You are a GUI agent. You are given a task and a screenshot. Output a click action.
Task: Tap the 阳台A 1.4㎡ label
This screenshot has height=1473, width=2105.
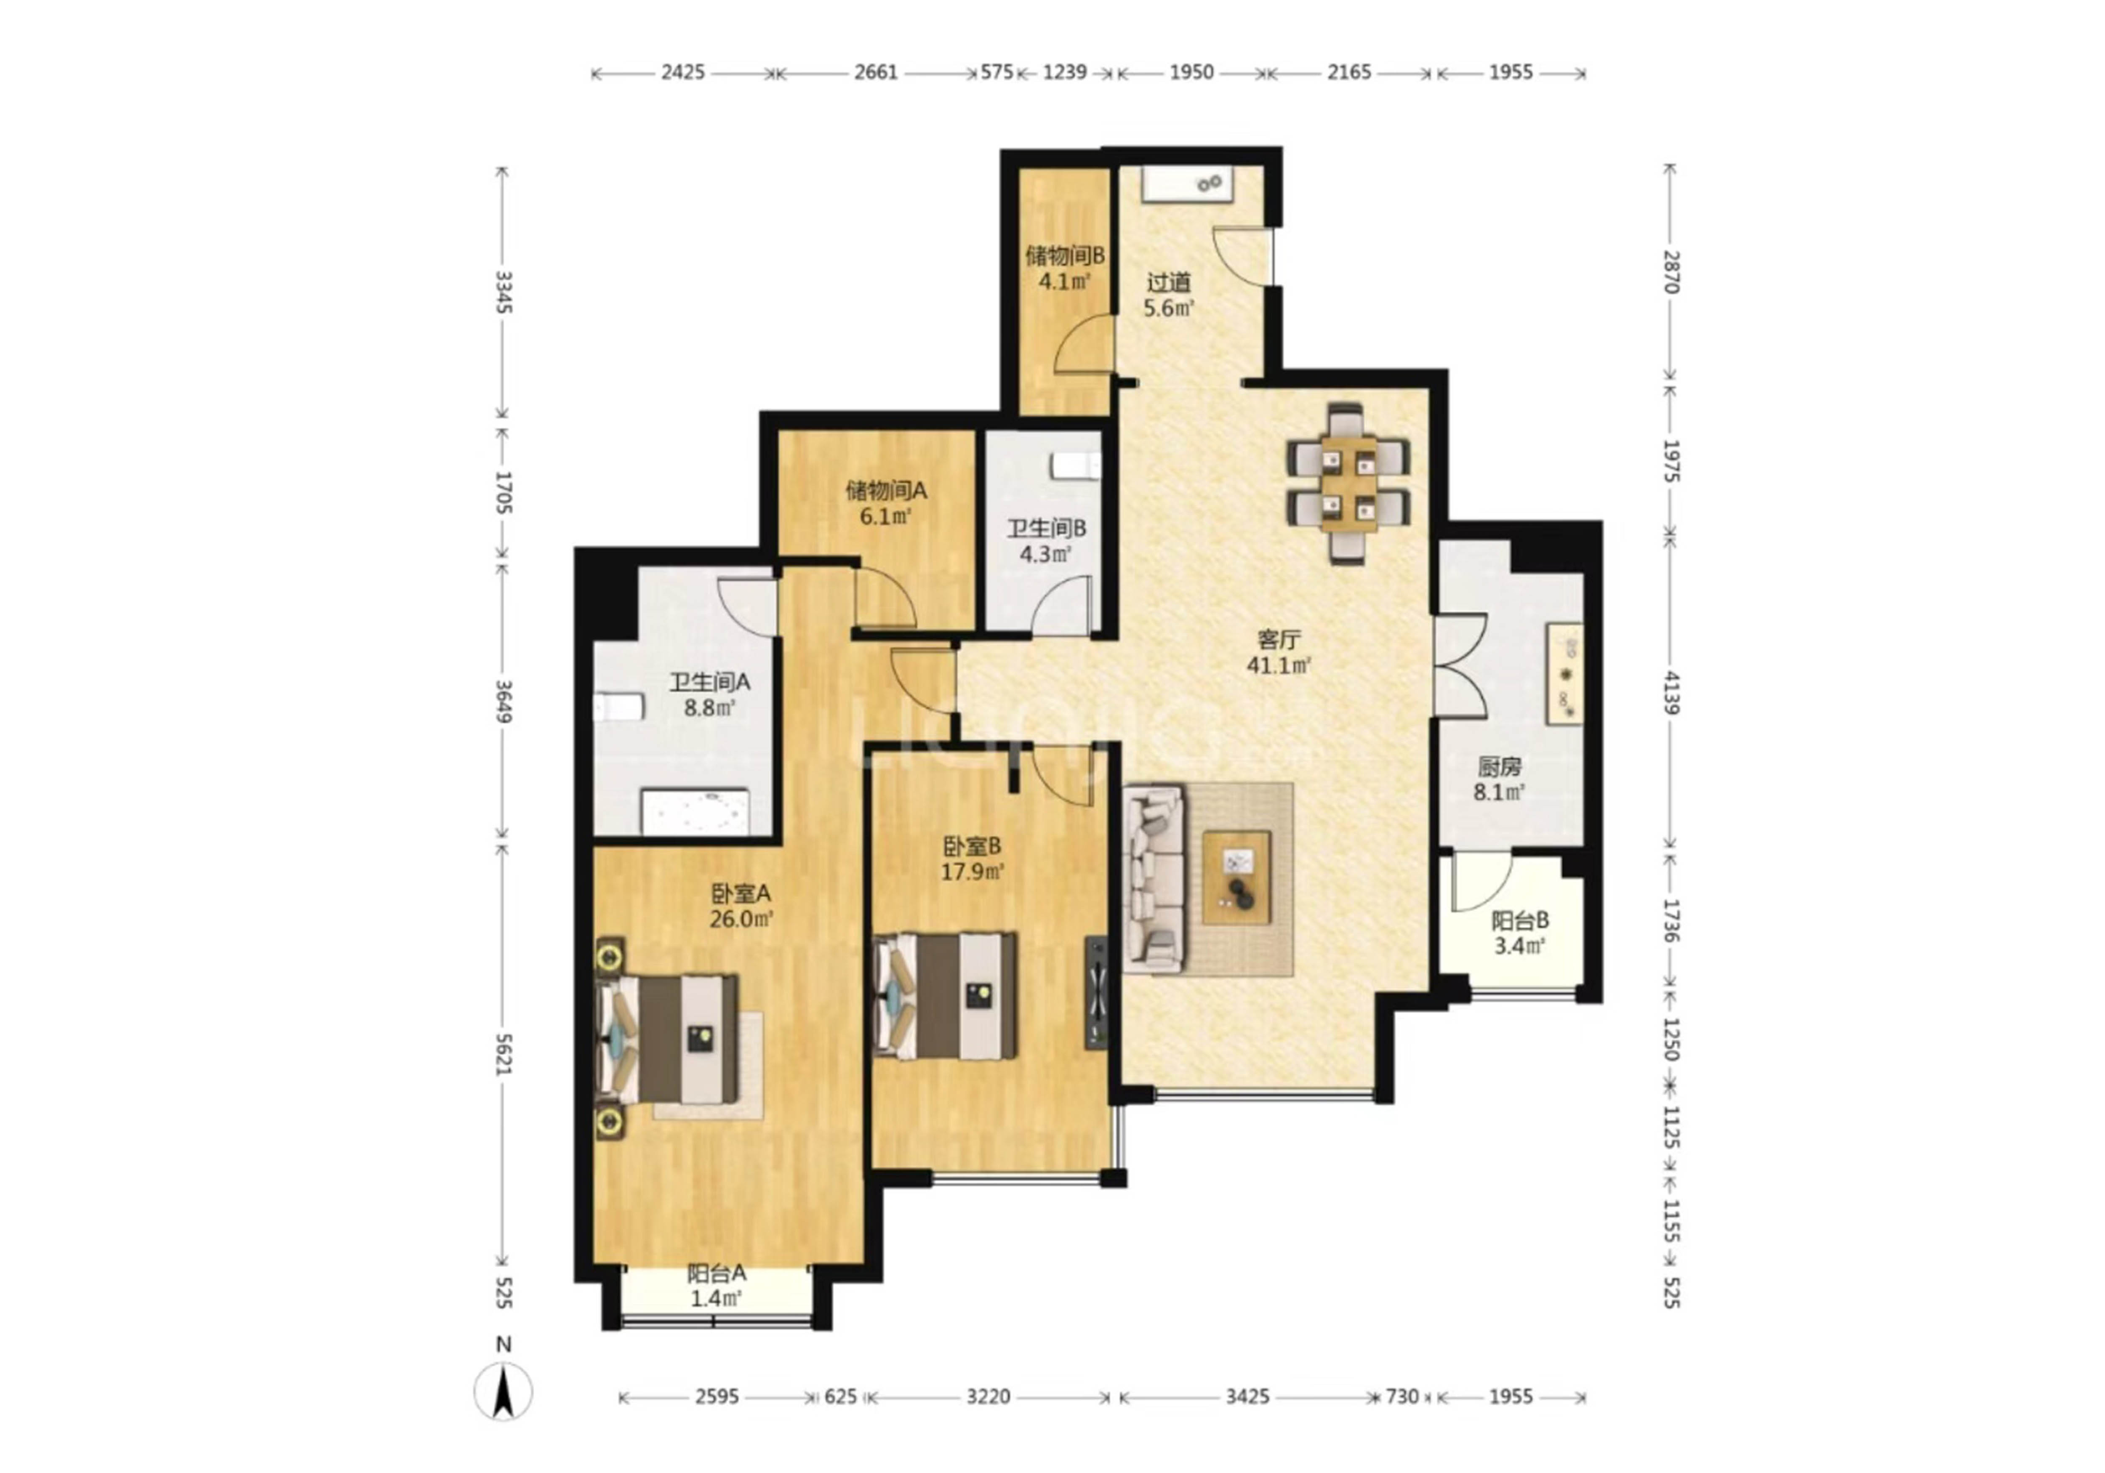pos(716,1285)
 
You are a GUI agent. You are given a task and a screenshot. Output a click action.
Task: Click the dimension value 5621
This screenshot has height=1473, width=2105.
pos(502,1054)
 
